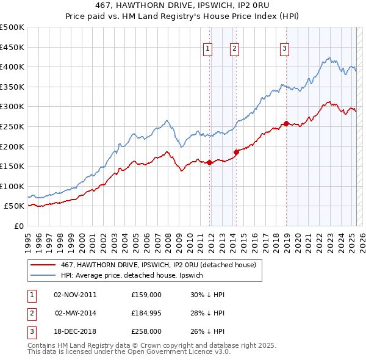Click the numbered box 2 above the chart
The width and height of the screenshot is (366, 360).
point(235,50)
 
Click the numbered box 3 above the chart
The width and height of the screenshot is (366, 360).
point(285,50)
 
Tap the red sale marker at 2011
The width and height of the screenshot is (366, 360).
point(209,162)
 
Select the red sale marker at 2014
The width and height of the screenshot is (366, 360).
point(236,152)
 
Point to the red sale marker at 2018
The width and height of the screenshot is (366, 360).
point(286,123)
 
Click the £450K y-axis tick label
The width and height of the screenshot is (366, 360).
point(12,47)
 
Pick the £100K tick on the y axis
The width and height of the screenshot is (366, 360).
point(12,186)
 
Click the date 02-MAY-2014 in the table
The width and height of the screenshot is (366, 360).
point(76,313)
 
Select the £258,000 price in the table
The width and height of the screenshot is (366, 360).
point(146,331)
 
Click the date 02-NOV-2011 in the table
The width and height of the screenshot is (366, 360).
point(76,294)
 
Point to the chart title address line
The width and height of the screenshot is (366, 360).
point(183,5)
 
